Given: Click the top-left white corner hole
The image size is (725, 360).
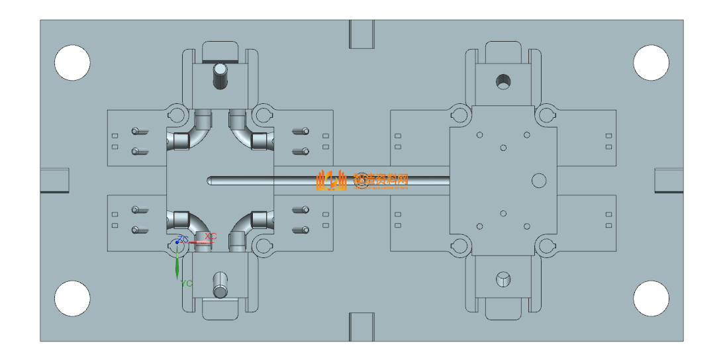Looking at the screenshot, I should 72,63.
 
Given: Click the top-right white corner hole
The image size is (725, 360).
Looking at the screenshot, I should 651,63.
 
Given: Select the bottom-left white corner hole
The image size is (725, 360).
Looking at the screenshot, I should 72,298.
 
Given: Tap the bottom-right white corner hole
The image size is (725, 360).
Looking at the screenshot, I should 651,298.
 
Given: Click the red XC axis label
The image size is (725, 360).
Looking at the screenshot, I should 211,236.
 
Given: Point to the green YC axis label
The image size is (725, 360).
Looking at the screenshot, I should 187,283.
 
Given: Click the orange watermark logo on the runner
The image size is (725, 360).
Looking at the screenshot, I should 331,179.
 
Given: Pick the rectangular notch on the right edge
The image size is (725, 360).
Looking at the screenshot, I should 669,180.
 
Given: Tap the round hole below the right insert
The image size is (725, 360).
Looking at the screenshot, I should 504,279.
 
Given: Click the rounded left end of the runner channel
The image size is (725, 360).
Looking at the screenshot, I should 211,180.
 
